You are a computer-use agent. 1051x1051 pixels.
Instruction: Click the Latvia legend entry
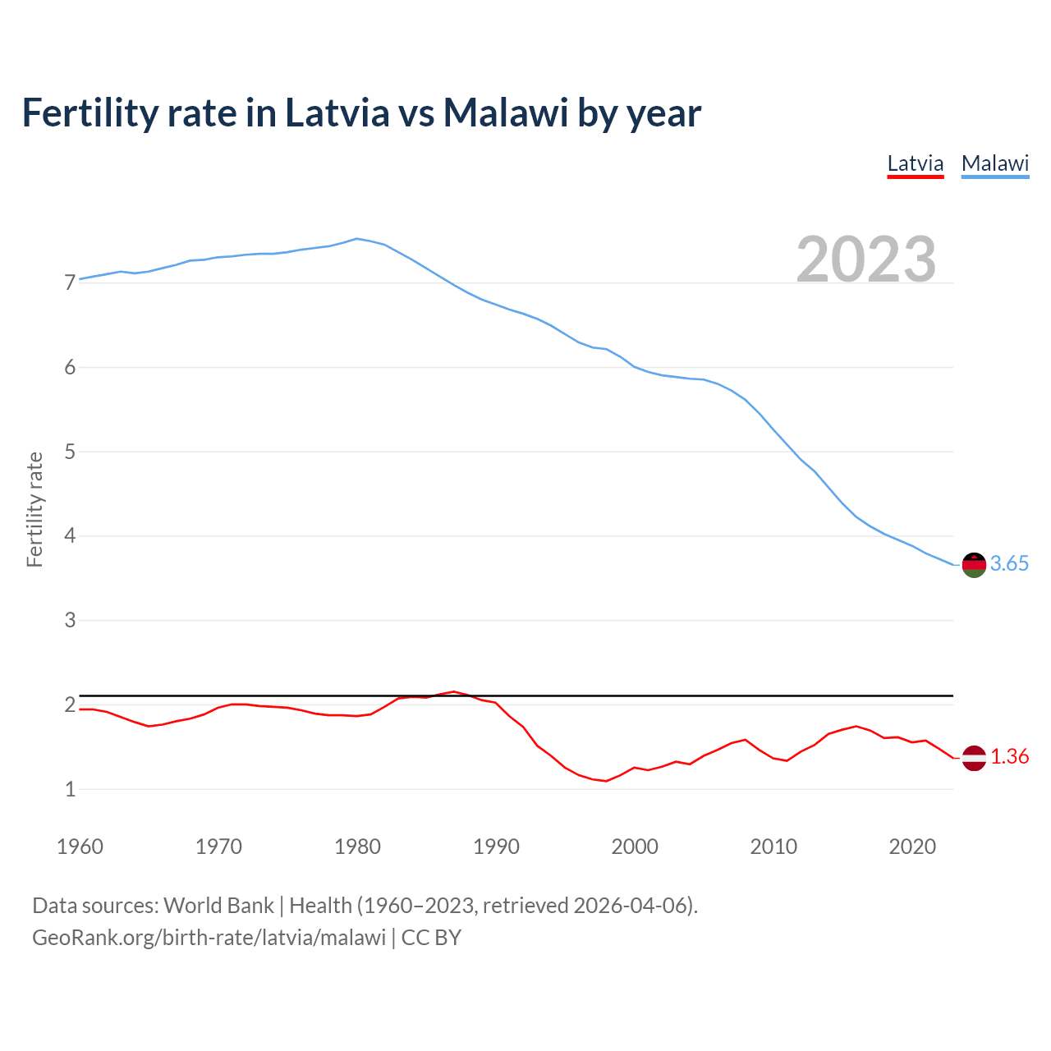(x=915, y=163)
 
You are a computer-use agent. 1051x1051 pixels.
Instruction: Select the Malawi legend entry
(x=994, y=163)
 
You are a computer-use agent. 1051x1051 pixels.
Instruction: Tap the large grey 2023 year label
(x=865, y=259)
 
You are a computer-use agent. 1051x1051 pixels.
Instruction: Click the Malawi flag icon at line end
(x=973, y=565)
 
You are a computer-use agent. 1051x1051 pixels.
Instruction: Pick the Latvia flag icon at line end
(x=973, y=758)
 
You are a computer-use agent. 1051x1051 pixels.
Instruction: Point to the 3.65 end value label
(x=1009, y=564)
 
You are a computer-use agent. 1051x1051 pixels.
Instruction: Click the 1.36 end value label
(x=1009, y=757)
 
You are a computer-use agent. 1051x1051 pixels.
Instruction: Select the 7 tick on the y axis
(x=70, y=283)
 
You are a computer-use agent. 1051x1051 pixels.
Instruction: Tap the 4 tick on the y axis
(x=70, y=536)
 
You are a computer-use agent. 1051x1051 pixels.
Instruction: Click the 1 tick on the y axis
(x=70, y=790)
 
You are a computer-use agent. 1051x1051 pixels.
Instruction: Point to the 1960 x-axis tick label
(x=80, y=847)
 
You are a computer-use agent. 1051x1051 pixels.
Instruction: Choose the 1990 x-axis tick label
(x=496, y=847)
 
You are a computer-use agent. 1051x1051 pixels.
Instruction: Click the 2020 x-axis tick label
(x=912, y=847)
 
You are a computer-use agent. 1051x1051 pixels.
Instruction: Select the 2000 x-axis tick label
(x=635, y=847)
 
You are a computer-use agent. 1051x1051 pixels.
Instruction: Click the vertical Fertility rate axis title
(x=34, y=509)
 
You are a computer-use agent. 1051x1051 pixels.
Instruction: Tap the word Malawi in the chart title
(x=505, y=113)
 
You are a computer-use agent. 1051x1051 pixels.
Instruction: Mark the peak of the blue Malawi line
(x=356, y=239)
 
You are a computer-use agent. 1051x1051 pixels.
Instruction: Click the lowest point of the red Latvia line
(x=606, y=781)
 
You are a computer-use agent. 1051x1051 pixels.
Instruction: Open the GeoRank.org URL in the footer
(x=209, y=938)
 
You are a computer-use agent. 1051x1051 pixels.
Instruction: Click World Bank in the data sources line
(x=218, y=906)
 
